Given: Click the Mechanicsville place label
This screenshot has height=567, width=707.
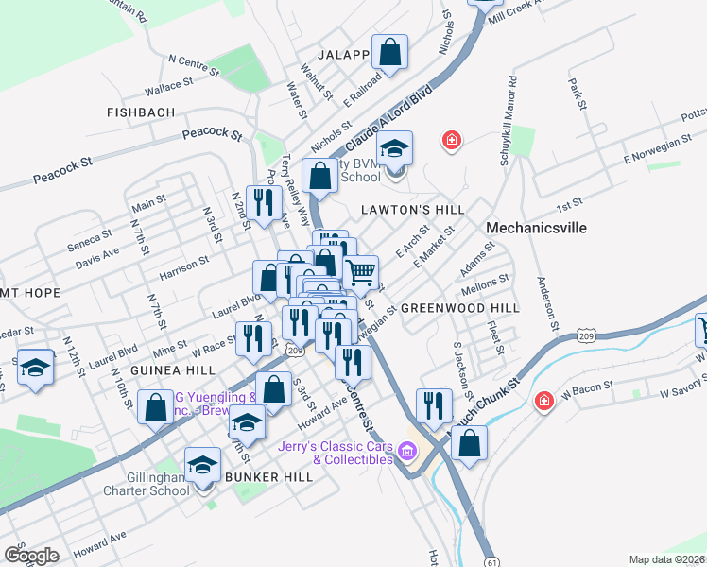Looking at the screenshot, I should click(x=536, y=228).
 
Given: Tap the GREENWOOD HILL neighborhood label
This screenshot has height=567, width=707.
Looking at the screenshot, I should click(x=460, y=308).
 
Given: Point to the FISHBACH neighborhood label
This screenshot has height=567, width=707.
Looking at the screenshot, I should click(x=141, y=112).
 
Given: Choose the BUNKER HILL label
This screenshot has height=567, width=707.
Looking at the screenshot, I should click(x=268, y=477).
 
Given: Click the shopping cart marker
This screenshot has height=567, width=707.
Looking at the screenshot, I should click(x=361, y=272).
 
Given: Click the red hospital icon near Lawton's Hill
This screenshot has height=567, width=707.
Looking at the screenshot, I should click(x=452, y=142).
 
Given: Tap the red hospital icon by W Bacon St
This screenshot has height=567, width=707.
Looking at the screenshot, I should click(x=543, y=402).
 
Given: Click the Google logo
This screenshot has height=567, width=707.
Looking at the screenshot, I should click(x=31, y=555).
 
